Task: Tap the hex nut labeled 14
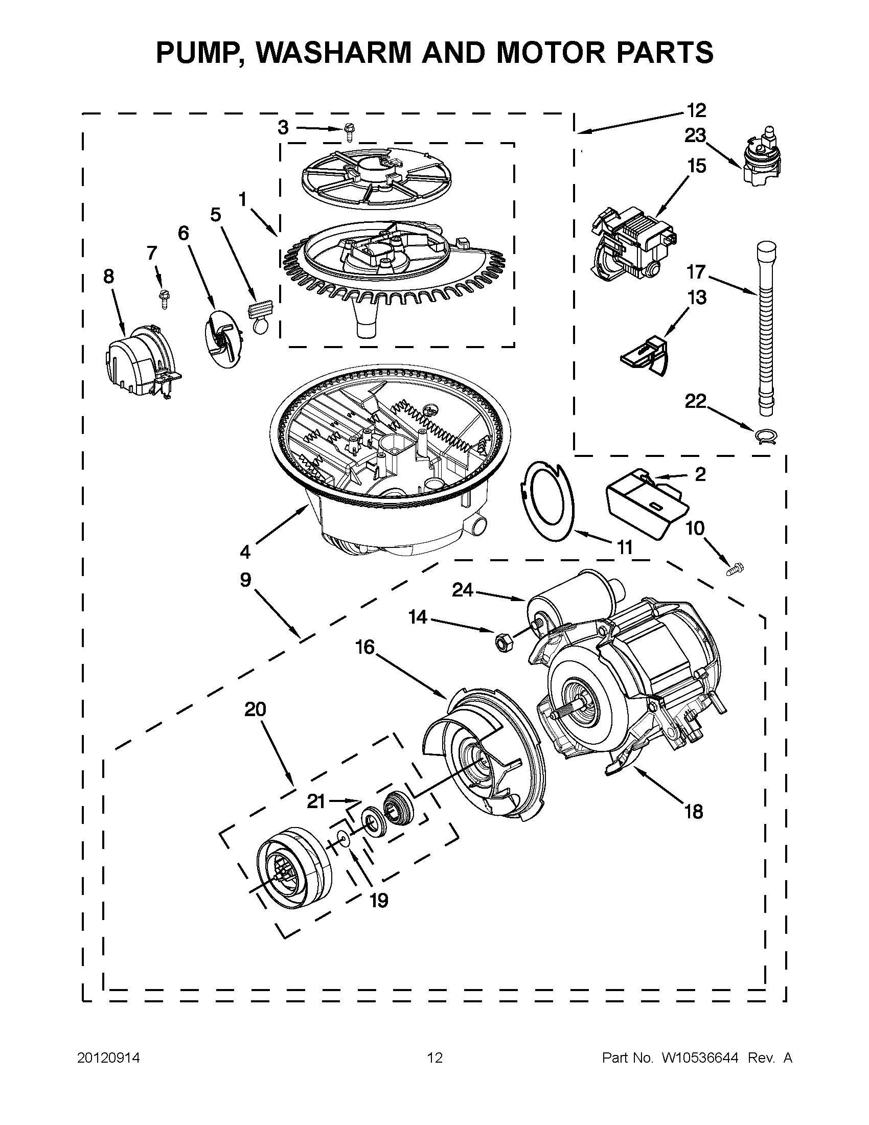(500, 641)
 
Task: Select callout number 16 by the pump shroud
(364, 648)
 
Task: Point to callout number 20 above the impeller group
(255, 710)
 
